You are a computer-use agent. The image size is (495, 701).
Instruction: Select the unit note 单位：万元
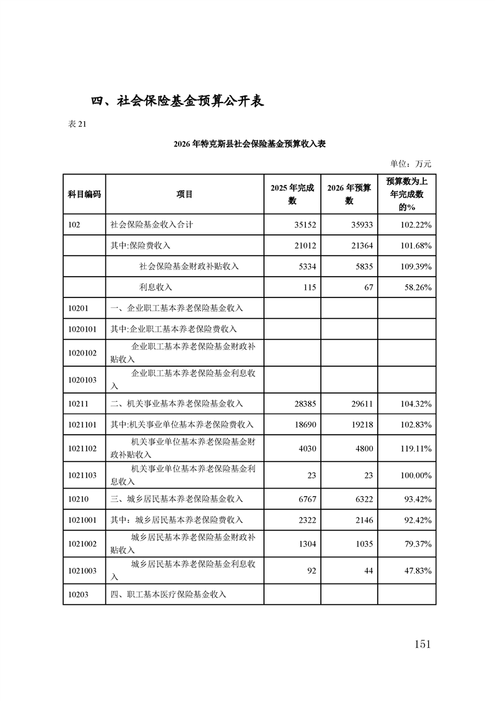click(410, 164)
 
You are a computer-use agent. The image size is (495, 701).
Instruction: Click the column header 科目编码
click(84, 194)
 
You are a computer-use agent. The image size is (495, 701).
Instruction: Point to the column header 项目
click(185, 194)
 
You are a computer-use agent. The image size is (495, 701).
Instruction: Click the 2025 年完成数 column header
click(292, 194)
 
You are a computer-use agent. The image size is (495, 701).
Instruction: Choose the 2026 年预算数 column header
click(350, 194)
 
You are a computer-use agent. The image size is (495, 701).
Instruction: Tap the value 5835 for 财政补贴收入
click(363, 266)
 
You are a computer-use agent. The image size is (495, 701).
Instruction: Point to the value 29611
click(360, 404)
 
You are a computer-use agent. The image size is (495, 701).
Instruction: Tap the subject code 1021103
click(82, 475)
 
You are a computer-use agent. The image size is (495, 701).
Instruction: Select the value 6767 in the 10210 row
click(305, 499)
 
